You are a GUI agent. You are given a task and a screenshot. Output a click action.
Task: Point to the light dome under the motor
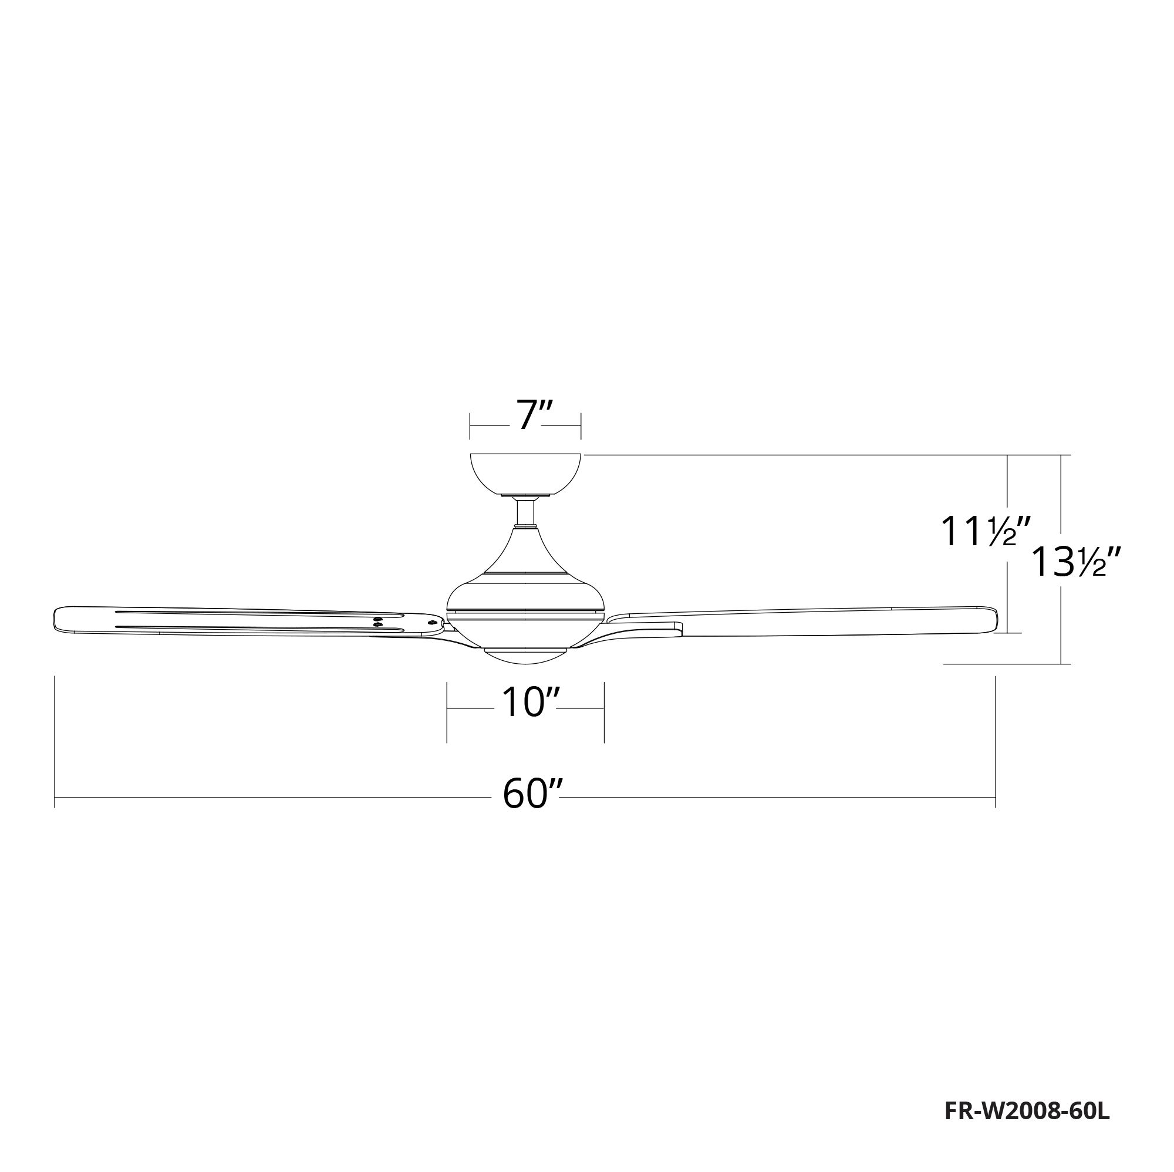[525, 656]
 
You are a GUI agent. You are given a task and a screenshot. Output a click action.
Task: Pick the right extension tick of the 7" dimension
[582, 425]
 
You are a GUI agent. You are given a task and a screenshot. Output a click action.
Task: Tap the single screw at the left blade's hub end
[432, 622]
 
